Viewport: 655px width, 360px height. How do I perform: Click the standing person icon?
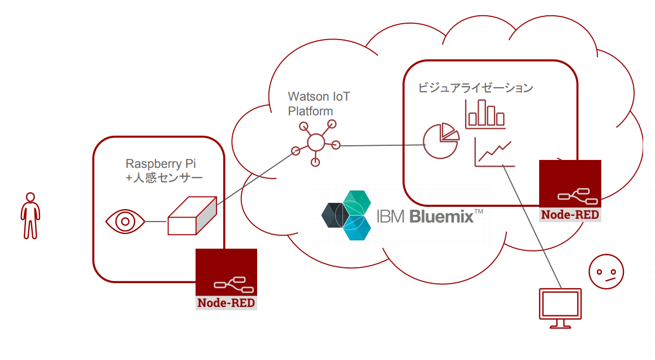pos(31,215)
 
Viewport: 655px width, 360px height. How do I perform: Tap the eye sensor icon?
pos(125,222)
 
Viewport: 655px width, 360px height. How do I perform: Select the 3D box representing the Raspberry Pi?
pos(192,215)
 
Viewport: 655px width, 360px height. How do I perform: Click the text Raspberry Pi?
pos(161,163)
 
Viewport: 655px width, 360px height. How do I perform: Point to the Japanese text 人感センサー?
pos(167,178)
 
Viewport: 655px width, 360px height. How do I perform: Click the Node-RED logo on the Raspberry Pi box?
pos(227,279)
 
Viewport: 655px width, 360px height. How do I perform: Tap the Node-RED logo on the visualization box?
pos(570,191)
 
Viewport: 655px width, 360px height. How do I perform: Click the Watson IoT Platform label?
pos(319,103)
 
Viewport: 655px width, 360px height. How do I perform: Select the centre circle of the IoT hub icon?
pos(316,142)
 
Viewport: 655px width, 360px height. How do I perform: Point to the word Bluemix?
pos(441,216)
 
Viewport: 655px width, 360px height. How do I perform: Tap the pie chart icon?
pos(441,141)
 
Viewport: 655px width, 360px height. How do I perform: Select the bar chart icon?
pos(485,114)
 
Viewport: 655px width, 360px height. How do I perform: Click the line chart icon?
pos(494,153)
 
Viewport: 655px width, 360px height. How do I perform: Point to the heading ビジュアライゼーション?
pos(475,88)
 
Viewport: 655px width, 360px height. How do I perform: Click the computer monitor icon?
pos(560,308)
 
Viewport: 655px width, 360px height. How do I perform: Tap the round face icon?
pos(606,271)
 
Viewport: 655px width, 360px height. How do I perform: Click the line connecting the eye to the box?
pos(156,222)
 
